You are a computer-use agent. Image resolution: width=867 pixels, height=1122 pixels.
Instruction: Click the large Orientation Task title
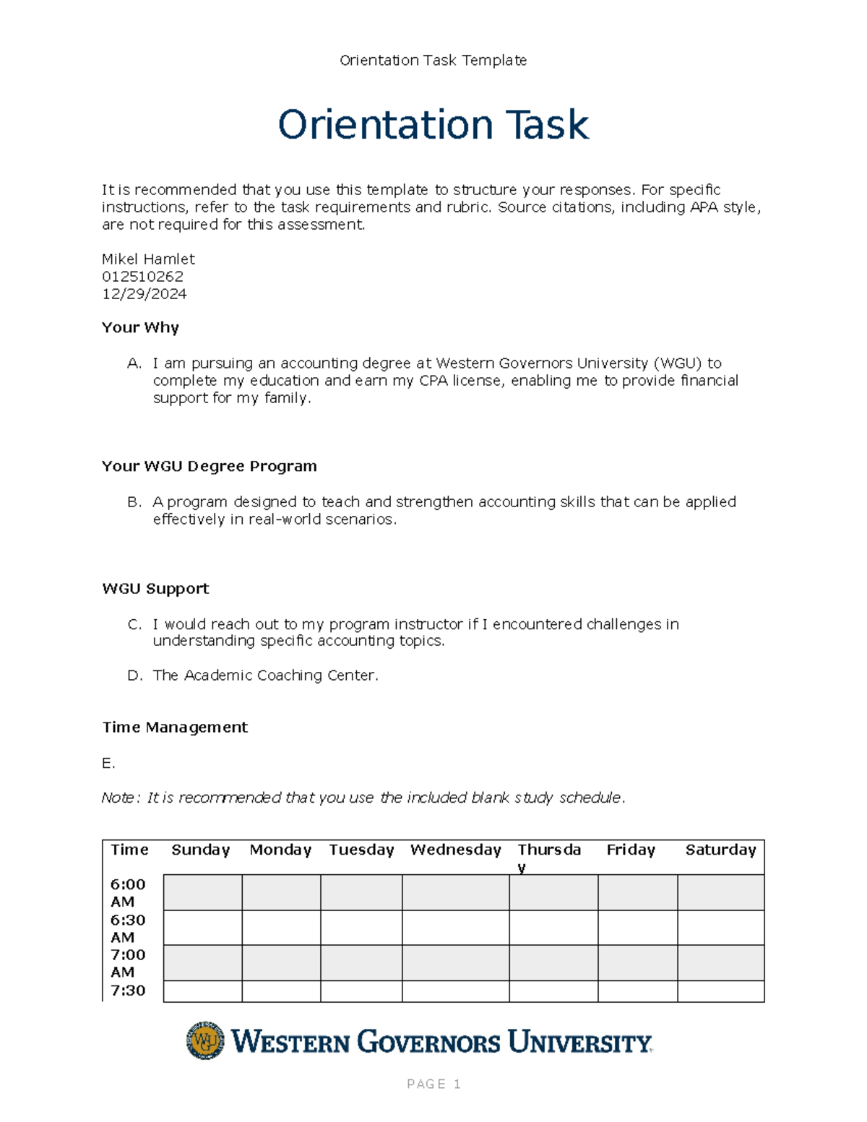point(433,125)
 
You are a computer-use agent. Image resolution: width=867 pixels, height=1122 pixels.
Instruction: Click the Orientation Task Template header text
point(433,61)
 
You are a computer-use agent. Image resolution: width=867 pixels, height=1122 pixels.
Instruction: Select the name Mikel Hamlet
point(148,259)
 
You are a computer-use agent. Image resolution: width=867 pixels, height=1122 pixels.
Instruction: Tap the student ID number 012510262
point(142,277)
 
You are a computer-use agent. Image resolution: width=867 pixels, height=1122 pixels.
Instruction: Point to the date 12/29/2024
point(144,294)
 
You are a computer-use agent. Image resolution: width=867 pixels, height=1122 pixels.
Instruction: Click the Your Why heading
point(140,328)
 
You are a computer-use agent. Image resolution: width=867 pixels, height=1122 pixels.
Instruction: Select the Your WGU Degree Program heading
point(209,467)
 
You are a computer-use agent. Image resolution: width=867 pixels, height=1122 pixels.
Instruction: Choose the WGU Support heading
point(155,589)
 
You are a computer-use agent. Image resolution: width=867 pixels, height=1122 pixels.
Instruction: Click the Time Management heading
point(175,728)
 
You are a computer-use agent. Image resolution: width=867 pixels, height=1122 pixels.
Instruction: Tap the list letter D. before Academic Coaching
point(135,676)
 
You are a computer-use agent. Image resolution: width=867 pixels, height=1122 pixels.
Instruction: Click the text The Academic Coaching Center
point(265,676)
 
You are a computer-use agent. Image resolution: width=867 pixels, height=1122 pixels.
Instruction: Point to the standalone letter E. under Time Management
point(108,764)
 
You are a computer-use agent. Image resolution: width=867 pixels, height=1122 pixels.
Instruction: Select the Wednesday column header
point(455,850)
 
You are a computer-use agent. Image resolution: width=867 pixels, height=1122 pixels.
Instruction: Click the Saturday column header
point(720,850)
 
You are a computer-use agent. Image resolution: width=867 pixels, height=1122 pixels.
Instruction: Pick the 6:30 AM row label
point(128,928)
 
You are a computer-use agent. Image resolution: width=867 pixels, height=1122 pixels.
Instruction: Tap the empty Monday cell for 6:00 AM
point(281,893)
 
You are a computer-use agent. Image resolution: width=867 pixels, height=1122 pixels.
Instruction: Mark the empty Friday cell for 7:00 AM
point(637,963)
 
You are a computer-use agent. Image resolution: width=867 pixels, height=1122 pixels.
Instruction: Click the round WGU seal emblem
point(205,1041)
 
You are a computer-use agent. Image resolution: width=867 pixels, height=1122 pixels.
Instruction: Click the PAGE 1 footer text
point(433,1084)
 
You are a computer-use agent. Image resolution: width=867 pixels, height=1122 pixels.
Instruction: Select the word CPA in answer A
point(433,381)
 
